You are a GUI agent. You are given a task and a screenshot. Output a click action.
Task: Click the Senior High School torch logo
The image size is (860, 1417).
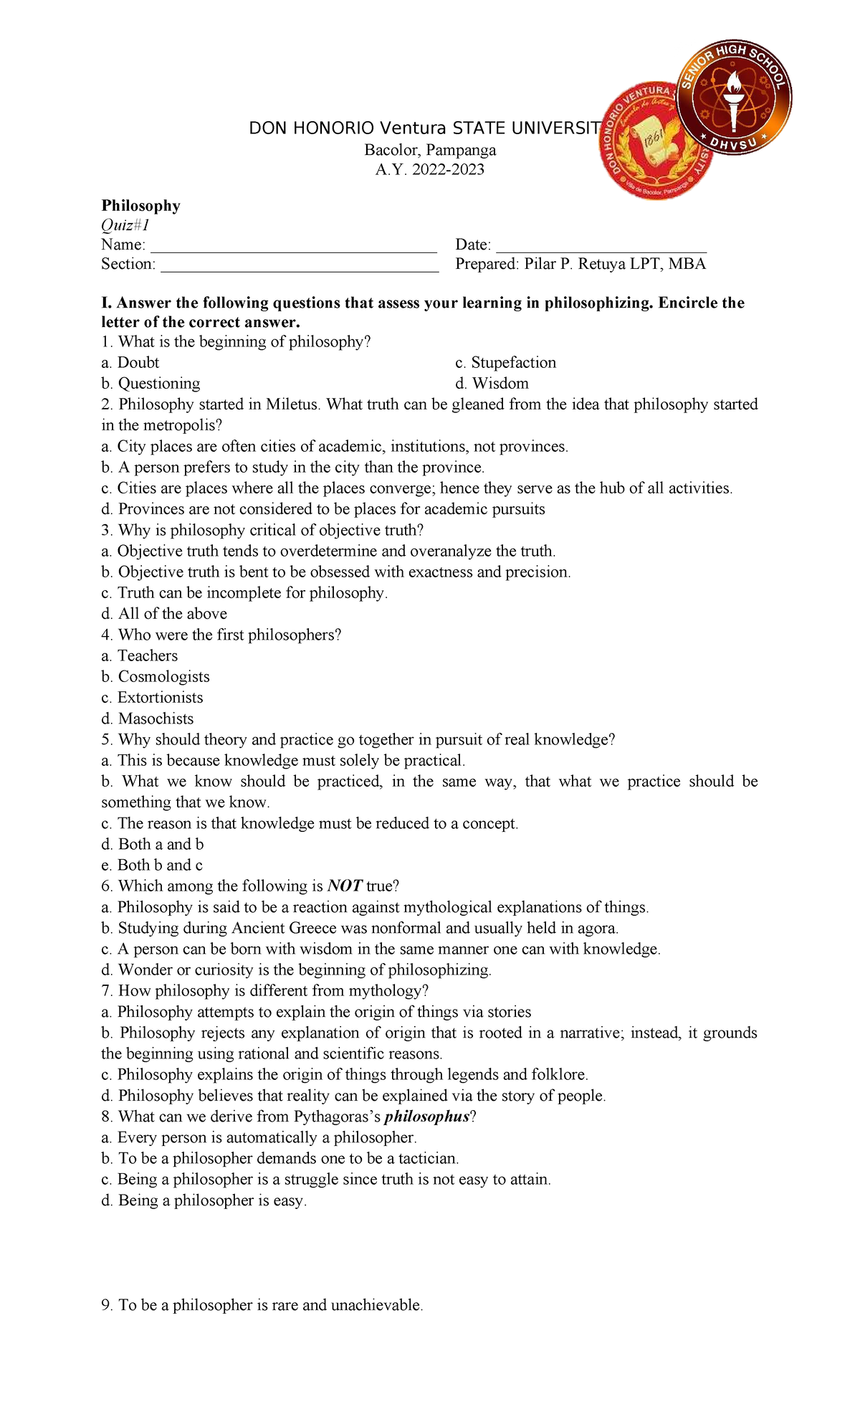pos(735,97)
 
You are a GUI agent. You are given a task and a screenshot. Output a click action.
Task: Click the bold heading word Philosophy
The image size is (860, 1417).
pos(140,206)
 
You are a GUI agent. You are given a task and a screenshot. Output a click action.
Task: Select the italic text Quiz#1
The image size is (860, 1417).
pos(125,225)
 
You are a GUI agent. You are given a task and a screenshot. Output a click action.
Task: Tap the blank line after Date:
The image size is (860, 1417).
pos(601,246)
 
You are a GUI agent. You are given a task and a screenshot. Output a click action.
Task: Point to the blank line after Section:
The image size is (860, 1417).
pos(300,265)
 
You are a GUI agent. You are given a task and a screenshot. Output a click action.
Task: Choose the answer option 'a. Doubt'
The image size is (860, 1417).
pos(130,363)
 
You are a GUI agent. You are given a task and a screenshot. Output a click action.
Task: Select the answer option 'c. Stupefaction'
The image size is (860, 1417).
pos(505,363)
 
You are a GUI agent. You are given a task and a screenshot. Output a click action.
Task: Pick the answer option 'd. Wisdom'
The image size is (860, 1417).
pos(492,384)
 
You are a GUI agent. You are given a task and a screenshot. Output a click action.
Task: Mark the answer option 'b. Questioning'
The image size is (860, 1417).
pos(150,384)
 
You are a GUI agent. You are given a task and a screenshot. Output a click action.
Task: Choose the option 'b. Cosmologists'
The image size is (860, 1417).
pos(156,677)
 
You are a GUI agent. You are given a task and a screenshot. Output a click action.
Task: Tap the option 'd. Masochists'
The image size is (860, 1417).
pos(147,719)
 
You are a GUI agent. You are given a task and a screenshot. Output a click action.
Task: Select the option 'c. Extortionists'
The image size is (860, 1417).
pos(152,698)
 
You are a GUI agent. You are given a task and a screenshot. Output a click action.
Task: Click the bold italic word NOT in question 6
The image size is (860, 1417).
pos(345,886)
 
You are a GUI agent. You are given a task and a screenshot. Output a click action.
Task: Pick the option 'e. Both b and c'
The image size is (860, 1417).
pos(152,866)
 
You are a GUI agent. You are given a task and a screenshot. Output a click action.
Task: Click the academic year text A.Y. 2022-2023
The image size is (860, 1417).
pos(430,170)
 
